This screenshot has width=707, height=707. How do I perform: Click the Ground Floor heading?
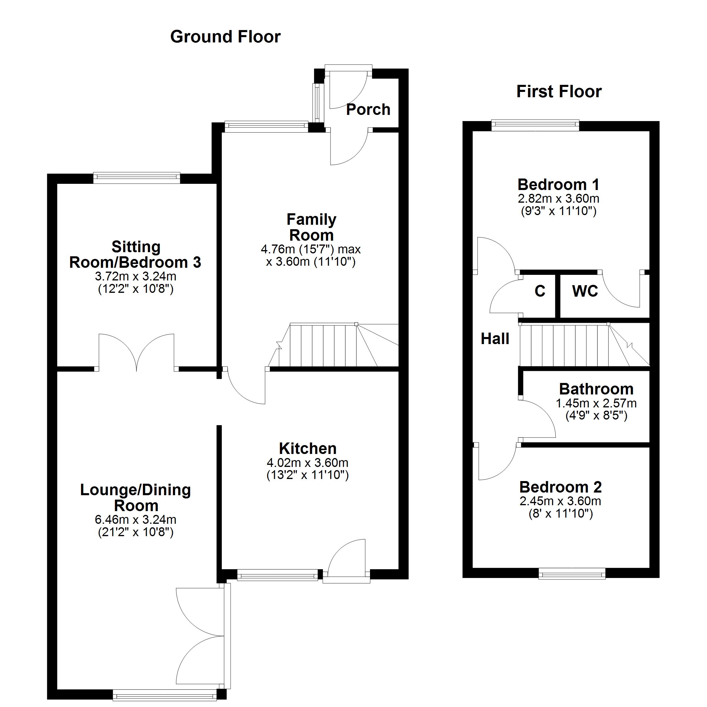pyautogui.click(x=225, y=37)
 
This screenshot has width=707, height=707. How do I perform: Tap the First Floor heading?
pyautogui.click(x=559, y=92)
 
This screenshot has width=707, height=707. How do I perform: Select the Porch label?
pyautogui.click(x=368, y=109)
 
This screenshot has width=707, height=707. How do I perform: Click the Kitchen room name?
pyautogui.click(x=308, y=449)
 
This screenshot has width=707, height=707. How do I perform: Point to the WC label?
pyautogui.click(x=585, y=291)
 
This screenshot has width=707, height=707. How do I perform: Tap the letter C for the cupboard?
pyautogui.click(x=540, y=291)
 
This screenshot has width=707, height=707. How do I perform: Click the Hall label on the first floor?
pyautogui.click(x=495, y=339)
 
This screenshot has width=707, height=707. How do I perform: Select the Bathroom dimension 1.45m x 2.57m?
pyautogui.click(x=596, y=403)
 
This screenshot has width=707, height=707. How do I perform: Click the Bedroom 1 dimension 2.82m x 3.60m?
pyautogui.click(x=559, y=199)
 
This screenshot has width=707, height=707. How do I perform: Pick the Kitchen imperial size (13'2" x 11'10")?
pyautogui.click(x=308, y=475)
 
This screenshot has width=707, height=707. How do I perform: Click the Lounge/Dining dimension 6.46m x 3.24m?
pyautogui.click(x=136, y=519)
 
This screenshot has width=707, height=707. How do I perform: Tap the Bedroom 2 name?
pyautogui.click(x=560, y=487)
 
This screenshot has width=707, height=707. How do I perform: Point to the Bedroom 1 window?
pyautogui.click(x=535, y=125)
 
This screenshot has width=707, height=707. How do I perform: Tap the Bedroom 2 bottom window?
pyautogui.click(x=572, y=574)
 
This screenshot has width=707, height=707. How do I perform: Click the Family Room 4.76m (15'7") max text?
pyautogui.click(x=311, y=250)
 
